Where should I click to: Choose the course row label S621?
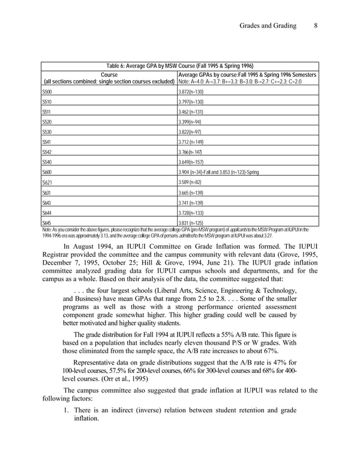pos(48,183)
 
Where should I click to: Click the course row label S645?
pos(48,223)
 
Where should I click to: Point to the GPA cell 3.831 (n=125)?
pos(191,223)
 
